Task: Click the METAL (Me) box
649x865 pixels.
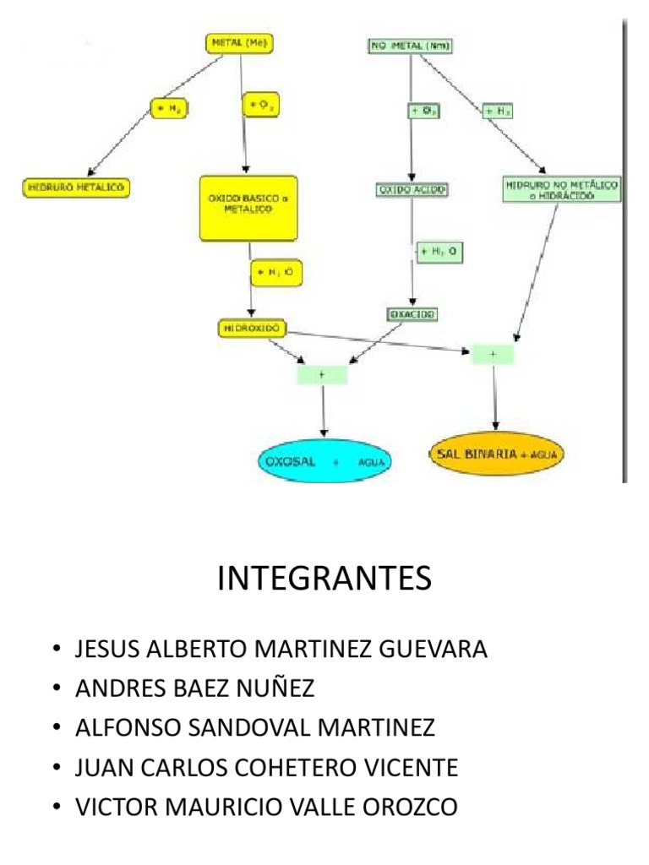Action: tap(241, 43)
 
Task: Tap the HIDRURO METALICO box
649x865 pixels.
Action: tap(74, 188)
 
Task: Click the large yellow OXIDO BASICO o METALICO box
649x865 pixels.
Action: tap(248, 208)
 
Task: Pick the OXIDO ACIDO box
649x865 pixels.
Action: tap(412, 190)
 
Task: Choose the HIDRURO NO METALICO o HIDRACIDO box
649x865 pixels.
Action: tap(562, 189)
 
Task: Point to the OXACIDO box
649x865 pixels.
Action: tap(413, 314)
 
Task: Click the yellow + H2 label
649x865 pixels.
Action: tap(167, 108)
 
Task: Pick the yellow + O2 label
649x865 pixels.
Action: tap(260, 106)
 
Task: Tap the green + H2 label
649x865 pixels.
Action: tap(497, 111)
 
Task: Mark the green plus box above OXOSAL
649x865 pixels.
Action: tap(322, 372)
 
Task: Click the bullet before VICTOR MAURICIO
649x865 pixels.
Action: tap(56, 807)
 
